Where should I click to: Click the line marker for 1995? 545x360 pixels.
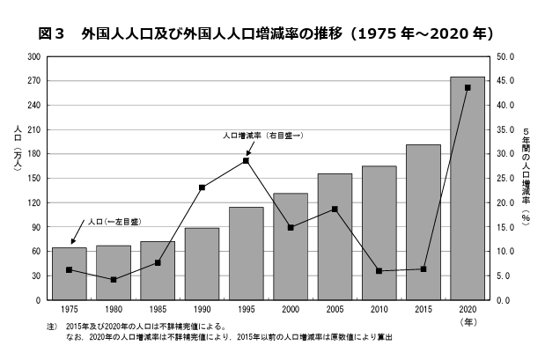coord(247,160)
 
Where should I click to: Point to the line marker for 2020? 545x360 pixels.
coord(468,87)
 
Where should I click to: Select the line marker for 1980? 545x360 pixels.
coord(114,280)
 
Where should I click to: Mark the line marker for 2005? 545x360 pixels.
coord(335,209)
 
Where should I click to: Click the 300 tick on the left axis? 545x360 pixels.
coord(34,56)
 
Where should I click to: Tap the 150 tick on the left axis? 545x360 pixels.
coord(34,179)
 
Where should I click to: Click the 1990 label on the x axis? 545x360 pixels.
coord(203,311)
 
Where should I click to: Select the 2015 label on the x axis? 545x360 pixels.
coord(423,311)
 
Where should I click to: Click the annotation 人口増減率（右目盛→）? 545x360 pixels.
coord(262,136)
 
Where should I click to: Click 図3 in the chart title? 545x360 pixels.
coord(53,34)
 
